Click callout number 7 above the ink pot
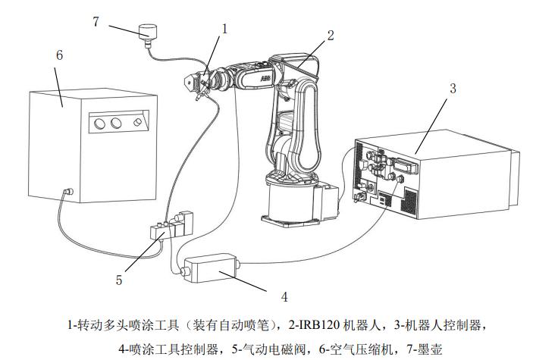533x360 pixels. coord(96,21)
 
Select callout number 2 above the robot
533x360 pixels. coord(331,34)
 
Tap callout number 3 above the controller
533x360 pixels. coord(453,88)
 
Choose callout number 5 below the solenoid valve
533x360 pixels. coord(119,280)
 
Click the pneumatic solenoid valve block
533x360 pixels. coord(171,227)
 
